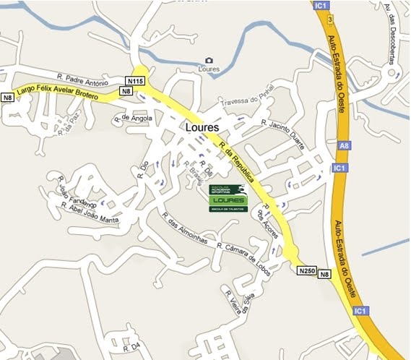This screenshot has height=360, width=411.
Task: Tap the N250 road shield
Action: pos(307,270)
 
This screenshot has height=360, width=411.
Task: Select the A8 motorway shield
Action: pos(343,147)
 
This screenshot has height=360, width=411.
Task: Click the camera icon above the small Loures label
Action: pos(209,60)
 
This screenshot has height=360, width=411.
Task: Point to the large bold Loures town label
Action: pos(202,127)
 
